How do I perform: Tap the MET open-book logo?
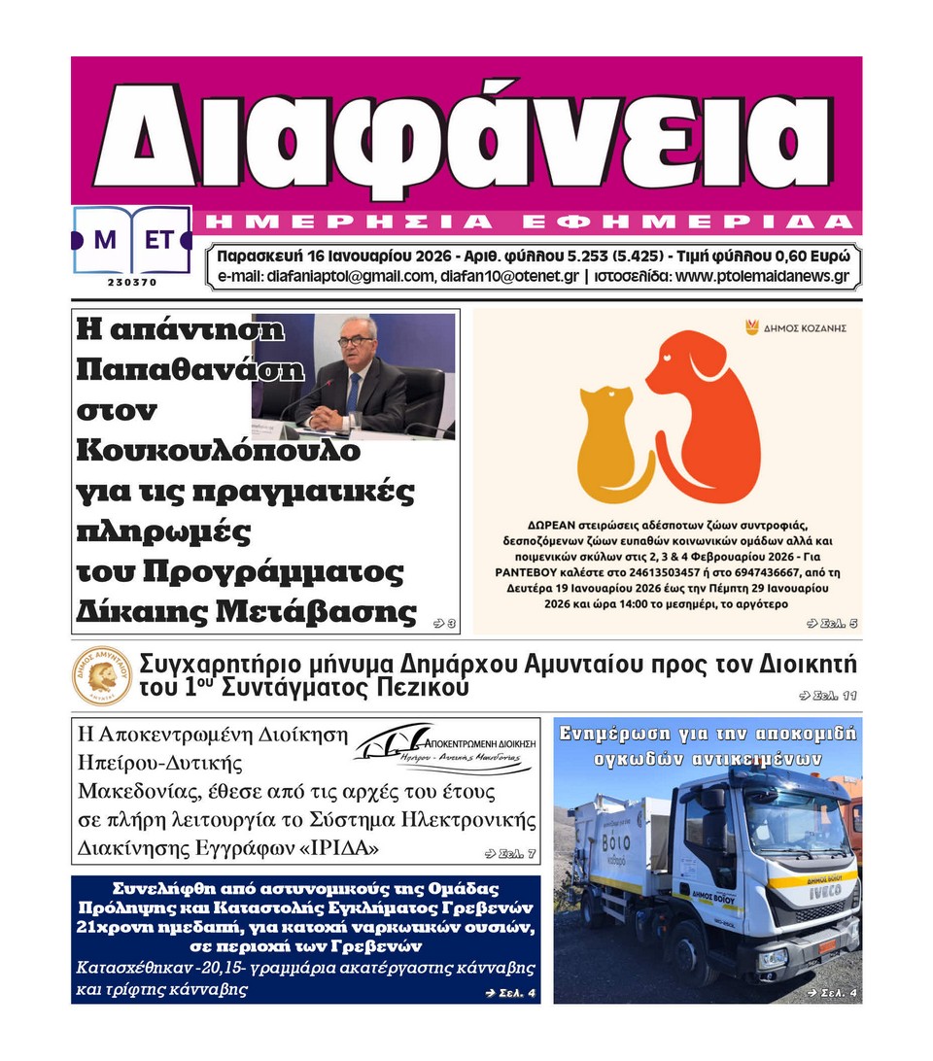coord(132,240)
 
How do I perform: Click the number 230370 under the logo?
coord(132,283)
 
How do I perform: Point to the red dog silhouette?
coord(705,408)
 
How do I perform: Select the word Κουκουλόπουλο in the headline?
coord(204,452)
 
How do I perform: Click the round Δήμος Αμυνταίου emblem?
coord(102,675)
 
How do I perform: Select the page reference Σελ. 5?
coord(833,623)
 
